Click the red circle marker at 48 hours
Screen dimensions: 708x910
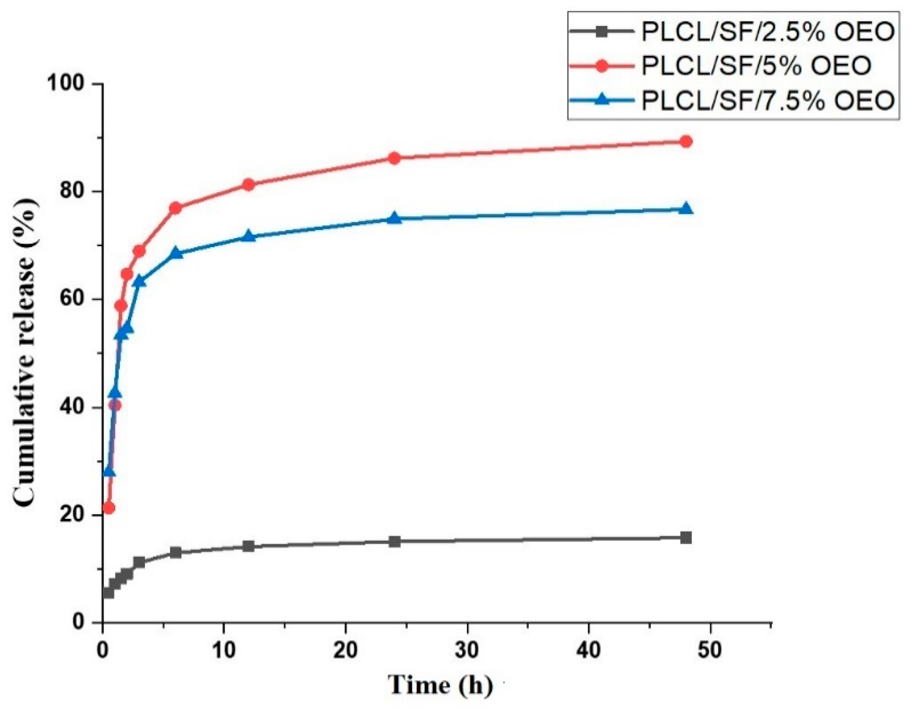(686, 141)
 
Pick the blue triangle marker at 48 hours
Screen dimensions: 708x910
(686, 208)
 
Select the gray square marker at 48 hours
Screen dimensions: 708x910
(686, 537)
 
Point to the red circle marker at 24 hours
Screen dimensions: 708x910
(394, 158)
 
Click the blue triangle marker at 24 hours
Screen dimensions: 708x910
(394, 218)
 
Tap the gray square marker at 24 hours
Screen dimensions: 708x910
(394, 542)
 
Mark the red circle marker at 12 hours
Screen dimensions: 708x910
(249, 184)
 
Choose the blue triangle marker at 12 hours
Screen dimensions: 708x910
(249, 236)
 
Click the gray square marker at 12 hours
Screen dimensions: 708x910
(249, 546)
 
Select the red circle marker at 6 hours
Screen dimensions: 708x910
(175, 208)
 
